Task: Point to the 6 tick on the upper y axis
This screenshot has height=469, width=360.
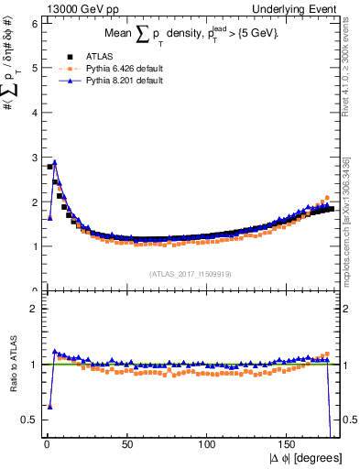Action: (x=34, y=24)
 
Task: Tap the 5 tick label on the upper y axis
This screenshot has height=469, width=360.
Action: (x=34, y=68)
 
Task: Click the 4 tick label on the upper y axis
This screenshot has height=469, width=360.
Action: (x=34, y=113)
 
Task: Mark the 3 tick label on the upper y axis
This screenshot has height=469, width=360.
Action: (x=34, y=158)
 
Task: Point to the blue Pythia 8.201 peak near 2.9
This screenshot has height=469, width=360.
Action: (x=55, y=162)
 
